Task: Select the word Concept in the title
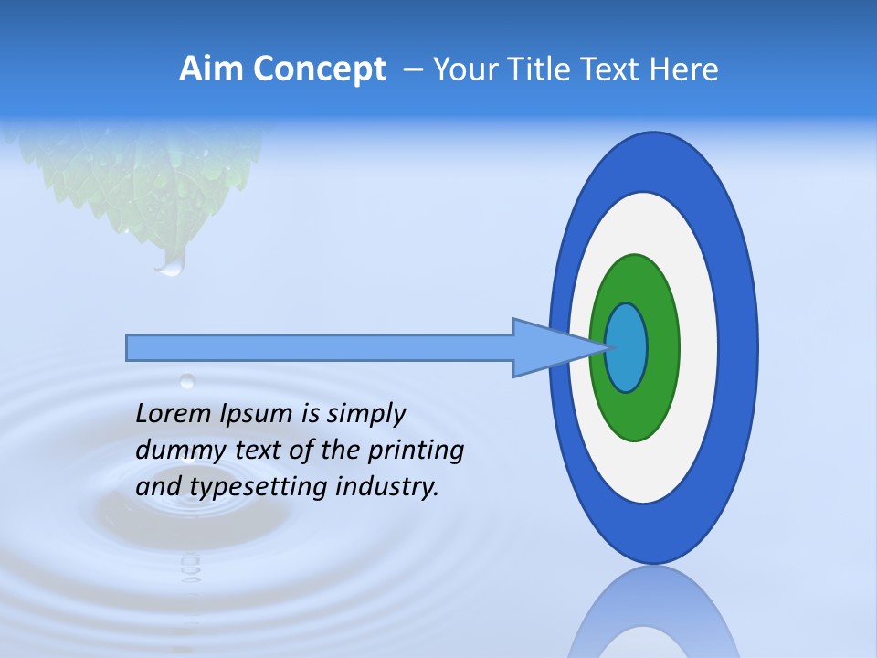pos(319,70)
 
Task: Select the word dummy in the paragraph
pos(174,451)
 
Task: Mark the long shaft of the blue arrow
pos(320,348)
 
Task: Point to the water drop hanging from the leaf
pos(171,265)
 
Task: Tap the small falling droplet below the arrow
pos(187,380)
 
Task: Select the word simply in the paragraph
pos(365,415)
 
